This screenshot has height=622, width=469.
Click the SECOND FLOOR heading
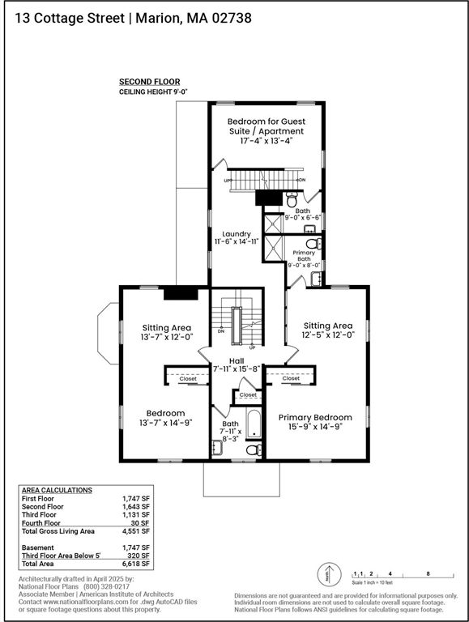[x=150, y=82]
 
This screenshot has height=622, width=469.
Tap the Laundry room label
[x=237, y=234]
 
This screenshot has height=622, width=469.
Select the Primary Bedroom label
[x=315, y=417]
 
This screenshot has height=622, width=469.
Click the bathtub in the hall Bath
[x=254, y=424]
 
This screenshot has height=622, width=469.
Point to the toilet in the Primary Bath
[x=313, y=243]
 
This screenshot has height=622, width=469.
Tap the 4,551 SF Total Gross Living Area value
[x=136, y=531]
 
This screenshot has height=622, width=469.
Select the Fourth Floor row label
[x=41, y=523]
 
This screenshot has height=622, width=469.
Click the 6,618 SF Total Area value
[x=136, y=564]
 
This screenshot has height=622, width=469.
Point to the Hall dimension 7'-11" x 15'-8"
[x=237, y=369]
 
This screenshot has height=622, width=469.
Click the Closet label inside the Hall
[x=248, y=394]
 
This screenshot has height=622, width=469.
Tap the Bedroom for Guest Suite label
[x=266, y=126]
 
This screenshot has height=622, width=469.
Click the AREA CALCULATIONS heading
[x=57, y=490]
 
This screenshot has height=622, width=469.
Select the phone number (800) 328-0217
[x=106, y=586]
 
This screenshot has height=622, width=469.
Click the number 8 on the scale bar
[x=428, y=573]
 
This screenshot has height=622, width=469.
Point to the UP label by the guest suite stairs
[x=228, y=181]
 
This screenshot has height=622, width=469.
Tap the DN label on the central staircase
[x=221, y=330]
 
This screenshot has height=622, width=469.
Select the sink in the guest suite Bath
[x=309, y=228]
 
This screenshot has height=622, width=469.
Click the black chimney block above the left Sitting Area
[x=181, y=293]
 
